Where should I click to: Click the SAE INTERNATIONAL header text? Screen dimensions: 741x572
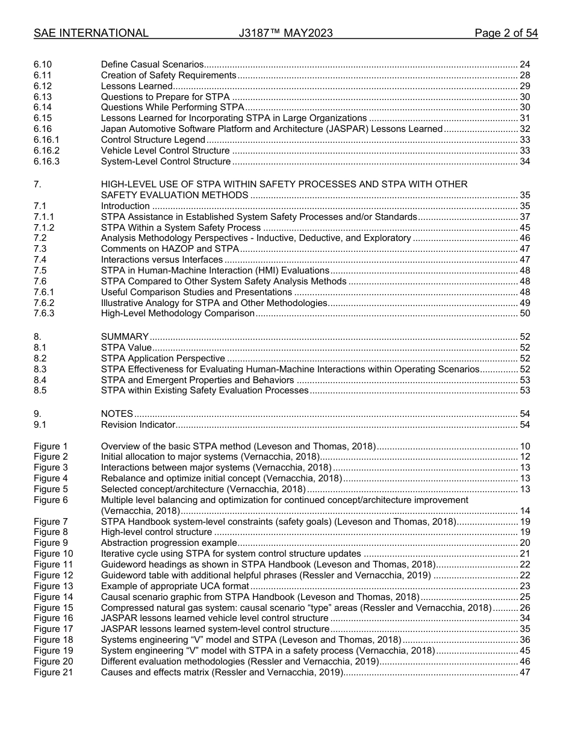(91, 33)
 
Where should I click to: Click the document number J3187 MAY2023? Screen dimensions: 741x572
(285, 33)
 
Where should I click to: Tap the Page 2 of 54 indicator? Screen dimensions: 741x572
(506, 33)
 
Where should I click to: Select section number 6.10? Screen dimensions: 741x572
(43, 64)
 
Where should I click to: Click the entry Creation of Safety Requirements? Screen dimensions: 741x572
(169, 75)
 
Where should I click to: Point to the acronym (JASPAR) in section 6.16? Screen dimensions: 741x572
(414, 129)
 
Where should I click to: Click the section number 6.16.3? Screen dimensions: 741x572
(47, 161)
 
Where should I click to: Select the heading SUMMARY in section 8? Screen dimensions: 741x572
(125, 337)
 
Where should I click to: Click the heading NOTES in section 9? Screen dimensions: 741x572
(117, 414)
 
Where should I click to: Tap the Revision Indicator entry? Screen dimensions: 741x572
(138, 425)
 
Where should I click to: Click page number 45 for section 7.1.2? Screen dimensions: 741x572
(524, 228)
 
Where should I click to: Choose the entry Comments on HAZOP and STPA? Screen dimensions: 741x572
(170, 249)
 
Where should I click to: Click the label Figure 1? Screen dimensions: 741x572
(51, 446)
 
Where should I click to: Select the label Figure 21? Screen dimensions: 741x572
(53, 672)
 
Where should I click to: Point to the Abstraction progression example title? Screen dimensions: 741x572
(161, 543)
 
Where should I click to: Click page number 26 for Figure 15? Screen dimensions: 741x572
(524, 608)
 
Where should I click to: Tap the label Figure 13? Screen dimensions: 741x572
(53, 586)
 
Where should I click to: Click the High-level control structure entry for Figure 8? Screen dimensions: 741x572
(157, 532)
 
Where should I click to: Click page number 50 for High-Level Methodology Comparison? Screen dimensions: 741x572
(524, 313)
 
